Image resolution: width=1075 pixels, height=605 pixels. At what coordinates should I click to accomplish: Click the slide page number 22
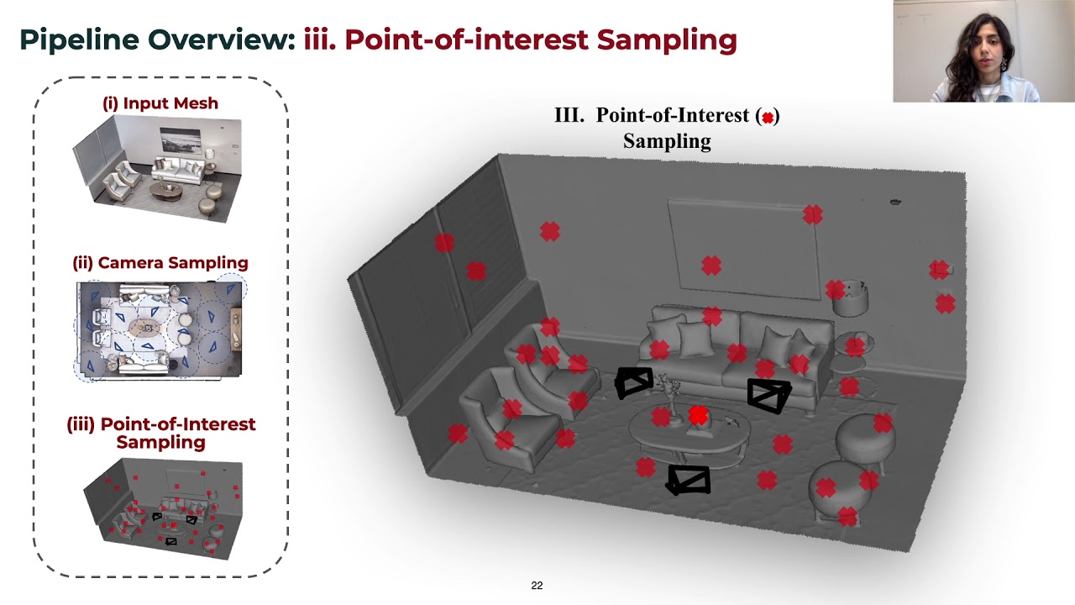[537, 586]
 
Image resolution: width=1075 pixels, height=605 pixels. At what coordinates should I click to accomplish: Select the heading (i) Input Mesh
[160, 103]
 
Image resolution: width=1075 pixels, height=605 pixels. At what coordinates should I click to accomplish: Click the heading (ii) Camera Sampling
[160, 263]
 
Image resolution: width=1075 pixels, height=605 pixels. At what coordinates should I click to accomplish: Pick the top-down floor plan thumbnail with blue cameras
[160, 328]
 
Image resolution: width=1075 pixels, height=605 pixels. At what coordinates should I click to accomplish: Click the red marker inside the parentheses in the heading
[768, 118]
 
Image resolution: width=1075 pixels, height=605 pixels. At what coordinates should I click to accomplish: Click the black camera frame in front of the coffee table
[689, 480]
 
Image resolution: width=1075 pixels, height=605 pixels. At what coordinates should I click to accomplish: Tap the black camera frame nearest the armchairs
[633, 382]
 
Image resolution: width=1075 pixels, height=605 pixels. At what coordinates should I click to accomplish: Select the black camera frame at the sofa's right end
[768, 395]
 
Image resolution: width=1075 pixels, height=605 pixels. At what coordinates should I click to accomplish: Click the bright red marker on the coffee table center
[698, 414]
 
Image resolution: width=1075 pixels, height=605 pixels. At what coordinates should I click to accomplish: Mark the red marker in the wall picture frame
[711, 266]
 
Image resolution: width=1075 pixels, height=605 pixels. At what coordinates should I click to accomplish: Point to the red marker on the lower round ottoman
[826, 487]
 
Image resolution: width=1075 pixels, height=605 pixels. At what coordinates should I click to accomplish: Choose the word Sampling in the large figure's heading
[667, 141]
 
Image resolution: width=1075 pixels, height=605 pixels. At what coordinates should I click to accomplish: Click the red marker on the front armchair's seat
[505, 439]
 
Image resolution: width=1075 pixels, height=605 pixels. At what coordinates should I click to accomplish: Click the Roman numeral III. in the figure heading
[569, 116]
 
